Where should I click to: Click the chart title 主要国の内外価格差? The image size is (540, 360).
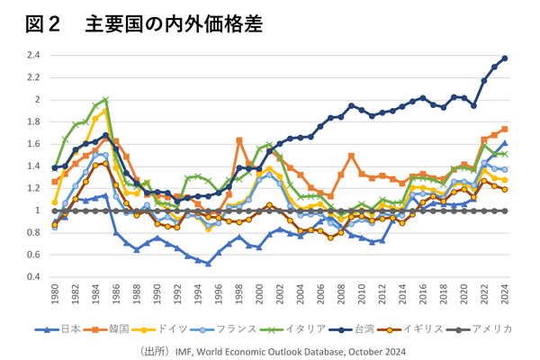[174, 24]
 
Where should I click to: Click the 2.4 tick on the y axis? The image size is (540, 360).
[34, 56]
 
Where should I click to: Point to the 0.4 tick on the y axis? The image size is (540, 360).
[34, 276]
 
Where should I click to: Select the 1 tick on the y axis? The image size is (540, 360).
[38, 211]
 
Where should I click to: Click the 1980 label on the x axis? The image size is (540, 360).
[55, 296]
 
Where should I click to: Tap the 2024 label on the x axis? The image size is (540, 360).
[504, 296]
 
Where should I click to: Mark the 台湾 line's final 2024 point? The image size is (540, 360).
[504, 58]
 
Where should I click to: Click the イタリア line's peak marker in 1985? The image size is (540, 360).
[106, 100]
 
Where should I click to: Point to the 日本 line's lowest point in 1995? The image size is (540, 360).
[208, 264]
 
